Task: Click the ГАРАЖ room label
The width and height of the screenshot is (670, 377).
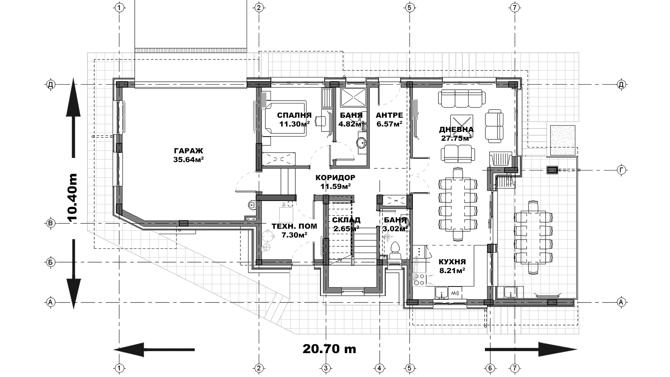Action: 188,150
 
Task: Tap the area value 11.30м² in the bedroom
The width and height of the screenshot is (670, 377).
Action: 294,124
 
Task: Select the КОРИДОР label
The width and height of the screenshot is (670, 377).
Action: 335,178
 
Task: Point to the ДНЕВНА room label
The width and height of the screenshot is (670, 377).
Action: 456,129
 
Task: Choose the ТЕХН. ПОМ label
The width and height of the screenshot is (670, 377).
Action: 294,227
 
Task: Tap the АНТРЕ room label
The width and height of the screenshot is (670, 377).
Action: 389,115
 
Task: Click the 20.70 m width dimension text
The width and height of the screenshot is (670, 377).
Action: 329,349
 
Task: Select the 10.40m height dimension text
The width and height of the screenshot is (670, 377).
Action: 72,198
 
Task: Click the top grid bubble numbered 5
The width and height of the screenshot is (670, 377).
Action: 409,8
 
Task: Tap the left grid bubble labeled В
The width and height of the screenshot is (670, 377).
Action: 50,223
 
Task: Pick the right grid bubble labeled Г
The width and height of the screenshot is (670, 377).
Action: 621,170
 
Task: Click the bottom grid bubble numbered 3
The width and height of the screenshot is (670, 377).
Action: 326,368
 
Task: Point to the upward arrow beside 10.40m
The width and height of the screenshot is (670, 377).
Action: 73,117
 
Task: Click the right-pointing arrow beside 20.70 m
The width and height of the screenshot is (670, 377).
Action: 531,349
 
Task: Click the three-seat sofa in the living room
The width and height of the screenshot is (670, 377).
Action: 461,99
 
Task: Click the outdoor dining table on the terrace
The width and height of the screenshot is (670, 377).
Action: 533,238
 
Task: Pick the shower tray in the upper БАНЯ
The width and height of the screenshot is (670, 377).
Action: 353,97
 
